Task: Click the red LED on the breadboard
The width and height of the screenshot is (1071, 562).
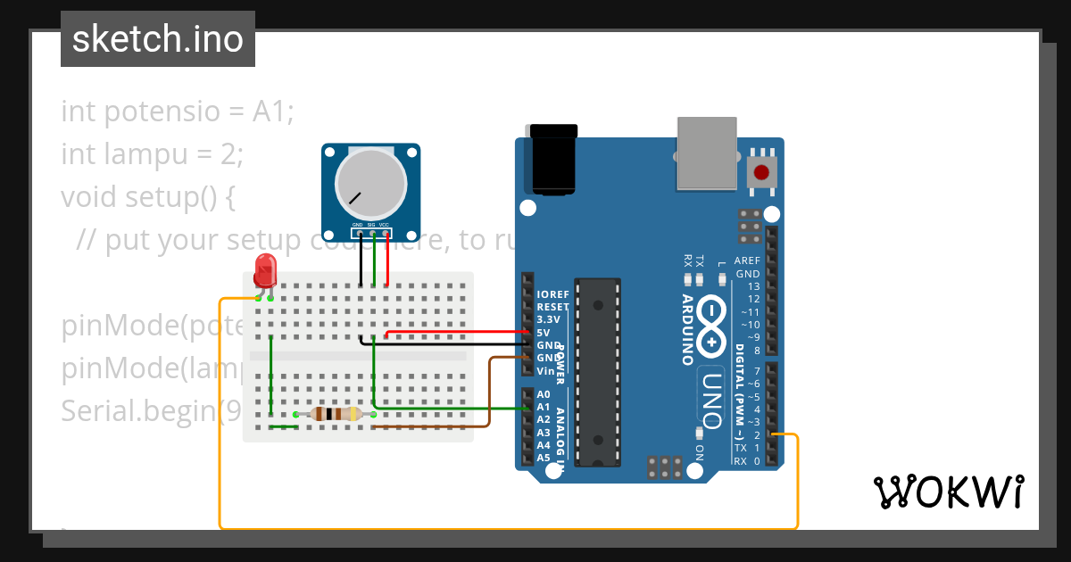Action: tap(265, 269)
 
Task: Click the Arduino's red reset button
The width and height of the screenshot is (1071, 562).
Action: tap(762, 172)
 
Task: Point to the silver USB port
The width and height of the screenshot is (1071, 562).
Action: tap(708, 153)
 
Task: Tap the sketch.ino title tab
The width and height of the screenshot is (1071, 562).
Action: tap(158, 39)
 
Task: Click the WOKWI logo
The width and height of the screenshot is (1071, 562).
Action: tap(948, 492)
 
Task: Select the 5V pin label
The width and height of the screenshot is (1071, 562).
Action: tap(543, 332)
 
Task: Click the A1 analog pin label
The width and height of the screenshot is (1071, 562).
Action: tap(544, 407)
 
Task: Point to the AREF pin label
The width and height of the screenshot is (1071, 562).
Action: tap(747, 261)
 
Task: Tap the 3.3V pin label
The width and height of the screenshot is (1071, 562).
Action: tap(548, 319)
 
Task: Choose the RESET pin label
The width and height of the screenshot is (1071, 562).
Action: tap(552, 307)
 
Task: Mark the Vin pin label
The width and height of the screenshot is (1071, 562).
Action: tap(545, 370)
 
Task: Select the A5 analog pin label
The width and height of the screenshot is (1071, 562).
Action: tap(544, 458)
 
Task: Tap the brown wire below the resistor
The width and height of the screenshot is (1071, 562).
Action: tap(428, 426)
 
